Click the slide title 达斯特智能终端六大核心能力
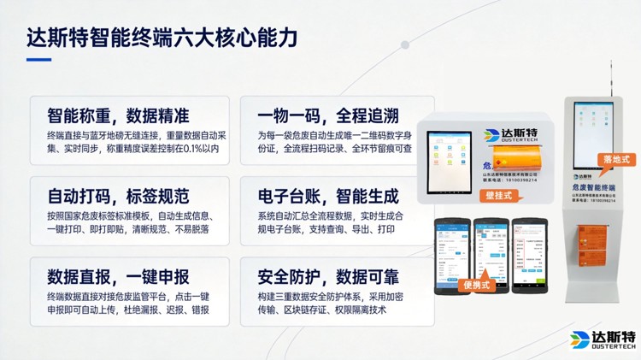[x=162, y=39]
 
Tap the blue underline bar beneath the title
[x=38, y=60]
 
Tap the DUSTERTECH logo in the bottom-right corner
[x=603, y=339]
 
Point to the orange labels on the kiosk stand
[x=594, y=236]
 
